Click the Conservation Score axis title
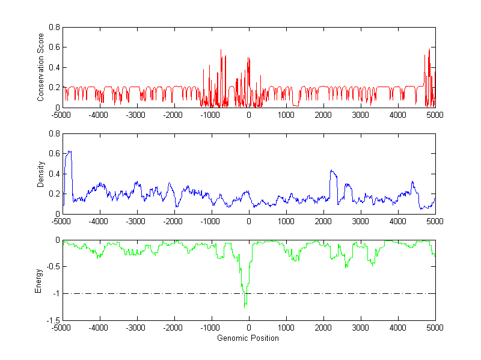click(x=40, y=67)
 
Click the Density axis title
click(x=40, y=174)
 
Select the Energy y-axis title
click(x=38, y=281)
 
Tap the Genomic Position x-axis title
click(x=248, y=338)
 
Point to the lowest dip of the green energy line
click(x=245, y=308)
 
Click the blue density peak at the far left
click(x=69, y=151)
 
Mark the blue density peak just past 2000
click(x=331, y=171)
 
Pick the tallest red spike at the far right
click(x=430, y=49)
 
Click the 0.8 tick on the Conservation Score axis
click(x=54, y=27)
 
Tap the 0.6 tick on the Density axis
click(x=54, y=154)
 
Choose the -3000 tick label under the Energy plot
click(x=136, y=328)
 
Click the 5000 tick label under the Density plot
click(x=435, y=221)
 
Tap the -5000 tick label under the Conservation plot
click(x=61, y=114)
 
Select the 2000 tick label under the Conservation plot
click(x=323, y=114)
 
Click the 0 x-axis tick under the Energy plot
click(x=248, y=328)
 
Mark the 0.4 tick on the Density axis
click(x=54, y=174)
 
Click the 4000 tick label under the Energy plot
click(x=397, y=328)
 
